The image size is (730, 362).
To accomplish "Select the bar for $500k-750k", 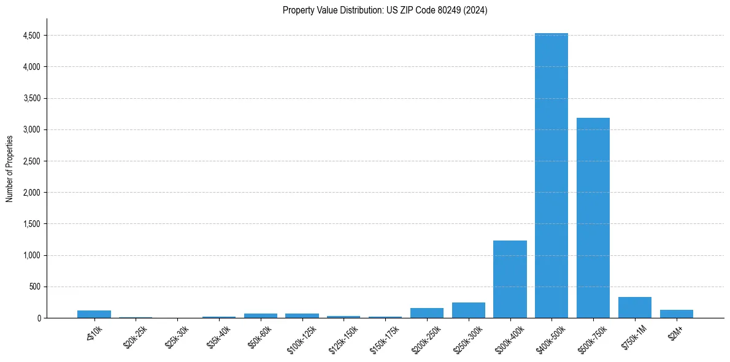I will pyautogui.click(x=593, y=218).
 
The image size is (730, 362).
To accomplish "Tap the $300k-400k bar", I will pyautogui.click(x=510, y=279).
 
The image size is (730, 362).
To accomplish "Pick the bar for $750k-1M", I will pyautogui.click(x=635, y=307).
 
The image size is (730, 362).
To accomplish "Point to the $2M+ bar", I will pyautogui.click(x=677, y=314).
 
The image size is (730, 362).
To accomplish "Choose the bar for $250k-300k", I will pyautogui.click(x=469, y=310).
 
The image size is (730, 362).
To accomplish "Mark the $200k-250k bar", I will pyautogui.click(x=427, y=313).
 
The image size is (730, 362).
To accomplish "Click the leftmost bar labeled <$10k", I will pyautogui.click(x=94, y=314).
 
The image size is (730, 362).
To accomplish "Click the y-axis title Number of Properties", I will pyautogui.click(x=9, y=168).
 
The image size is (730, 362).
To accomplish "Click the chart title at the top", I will pyautogui.click(x=385, y=10).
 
